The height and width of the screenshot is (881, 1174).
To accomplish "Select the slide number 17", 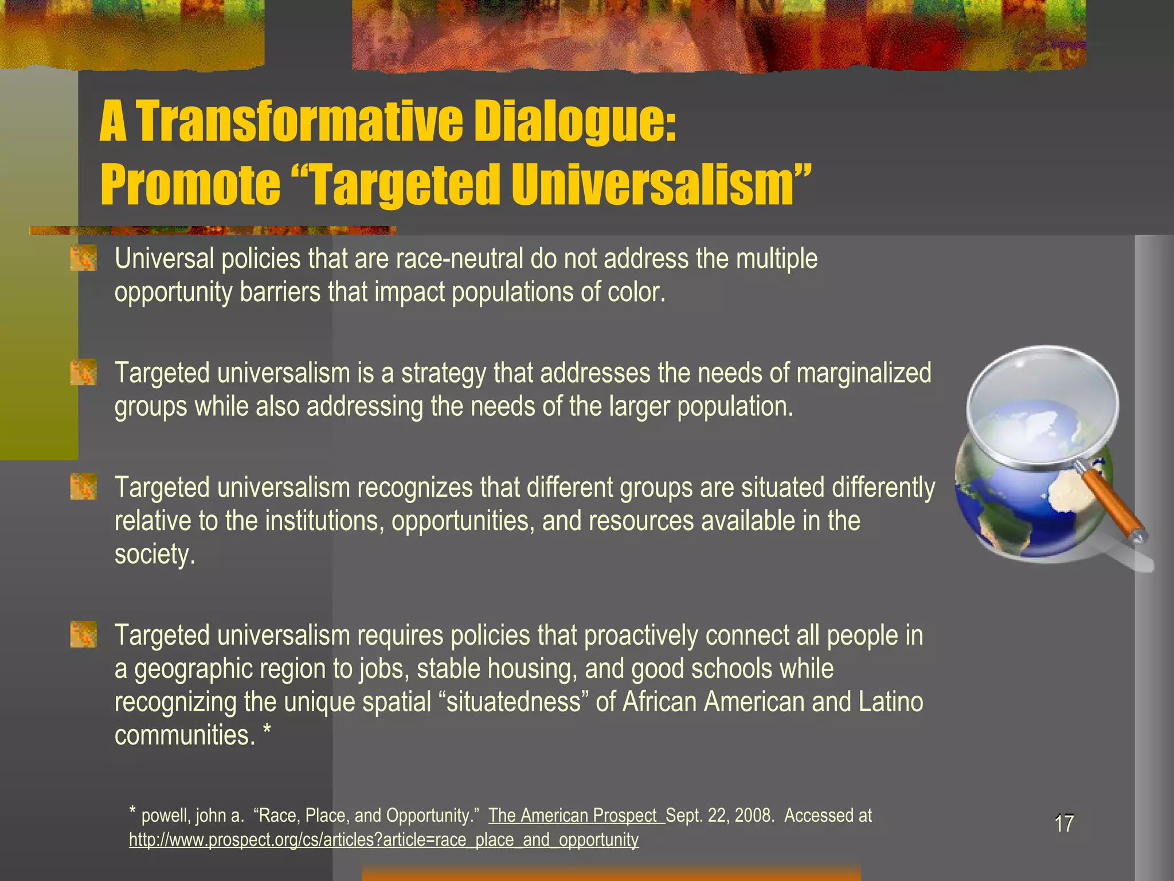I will point(1064,824).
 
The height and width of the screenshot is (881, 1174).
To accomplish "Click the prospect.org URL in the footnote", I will point(383,840).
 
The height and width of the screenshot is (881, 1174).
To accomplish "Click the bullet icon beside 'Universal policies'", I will point(83,259).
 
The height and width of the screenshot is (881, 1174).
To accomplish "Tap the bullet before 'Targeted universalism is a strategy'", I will point(83,373).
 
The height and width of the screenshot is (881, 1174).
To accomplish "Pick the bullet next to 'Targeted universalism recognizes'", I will point(83,487).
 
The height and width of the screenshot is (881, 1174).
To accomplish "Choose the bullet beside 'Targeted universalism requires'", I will point(83,635).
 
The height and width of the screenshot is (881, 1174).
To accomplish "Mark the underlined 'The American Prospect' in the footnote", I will point(573,815).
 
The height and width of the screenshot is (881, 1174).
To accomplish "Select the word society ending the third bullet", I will point(151,555).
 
